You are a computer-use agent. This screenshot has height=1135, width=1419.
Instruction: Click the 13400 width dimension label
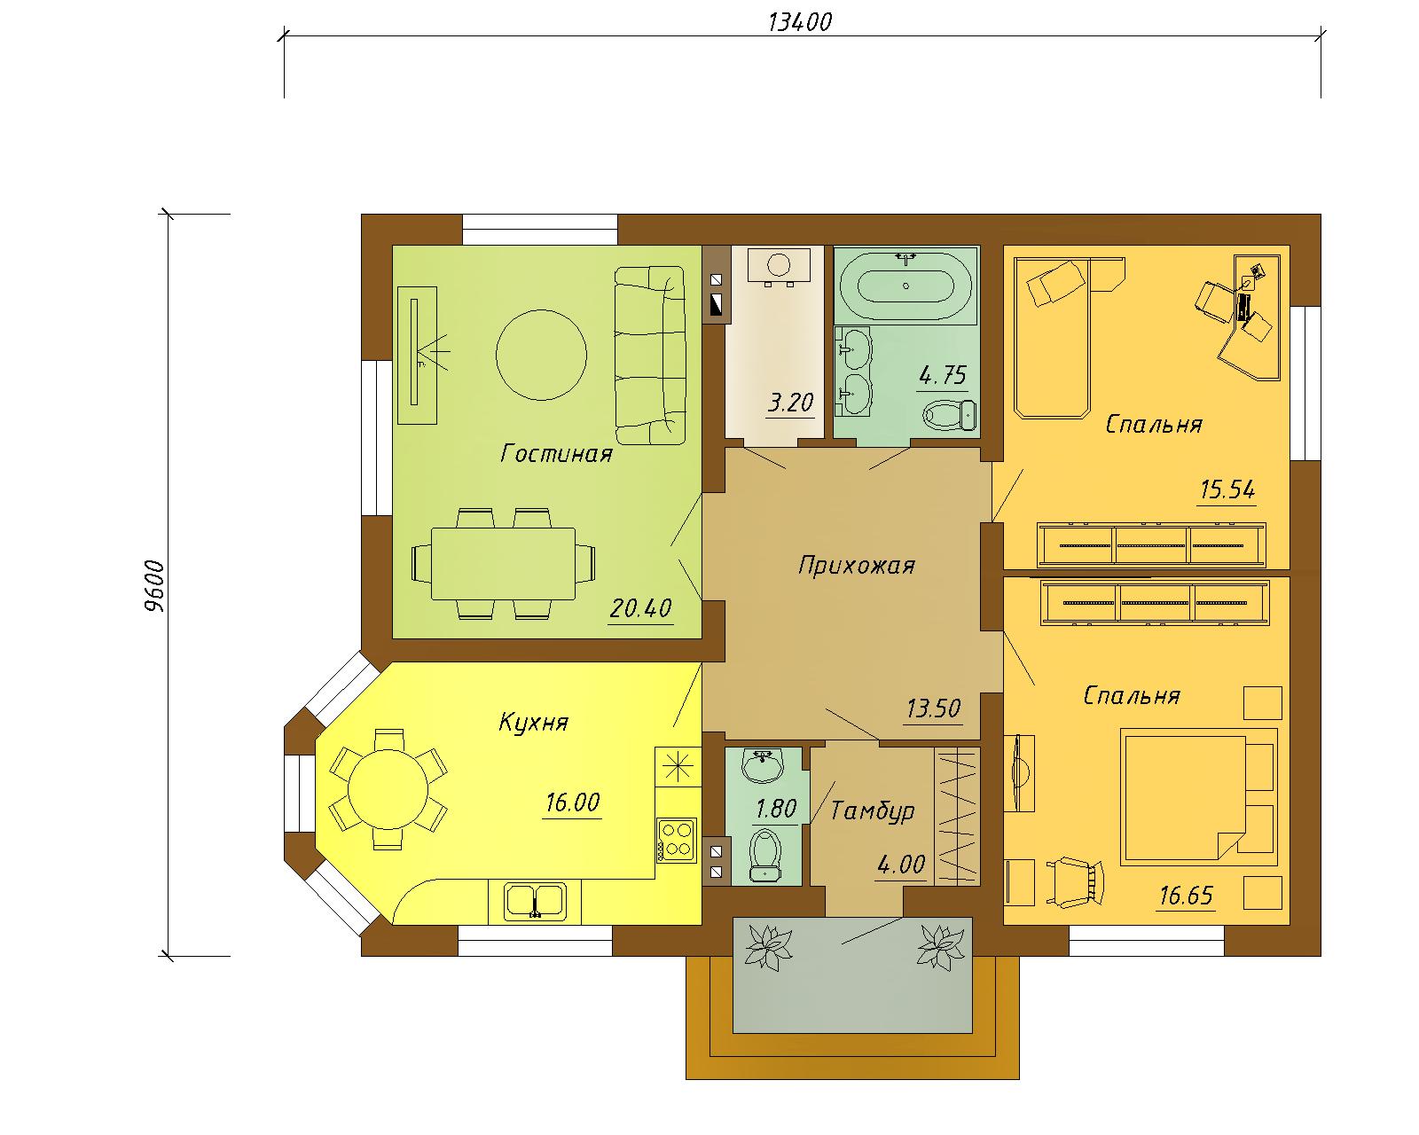click(800, 22)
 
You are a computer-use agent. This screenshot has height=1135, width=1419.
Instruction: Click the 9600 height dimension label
click(154, 586)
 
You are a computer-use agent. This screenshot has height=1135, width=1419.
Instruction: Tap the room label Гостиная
click(557, 453)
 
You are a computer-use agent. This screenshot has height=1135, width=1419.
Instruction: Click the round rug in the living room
click(541, 355)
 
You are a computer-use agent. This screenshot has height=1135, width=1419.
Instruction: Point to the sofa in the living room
click(650, 355)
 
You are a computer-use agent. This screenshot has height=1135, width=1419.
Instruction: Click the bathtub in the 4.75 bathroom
click(906, 285)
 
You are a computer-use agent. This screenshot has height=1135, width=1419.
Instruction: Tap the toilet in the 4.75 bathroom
click(950, 415)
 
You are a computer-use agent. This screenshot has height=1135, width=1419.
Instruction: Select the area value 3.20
click(790, 402)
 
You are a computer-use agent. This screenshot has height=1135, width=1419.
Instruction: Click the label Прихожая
click(857, 565)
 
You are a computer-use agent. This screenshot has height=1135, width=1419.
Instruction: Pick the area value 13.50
click(933, 708)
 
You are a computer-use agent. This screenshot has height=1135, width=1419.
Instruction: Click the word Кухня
click(533, 722)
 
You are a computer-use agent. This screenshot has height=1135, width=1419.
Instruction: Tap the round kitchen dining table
click(388, 789)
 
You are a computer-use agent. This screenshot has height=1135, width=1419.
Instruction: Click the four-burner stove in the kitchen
click(677, 840)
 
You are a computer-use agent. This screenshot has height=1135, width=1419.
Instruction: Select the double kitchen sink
click(535, 901)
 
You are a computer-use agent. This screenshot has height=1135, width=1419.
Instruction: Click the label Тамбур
click(873, 810)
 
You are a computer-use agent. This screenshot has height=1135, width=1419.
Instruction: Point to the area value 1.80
click(776, 808)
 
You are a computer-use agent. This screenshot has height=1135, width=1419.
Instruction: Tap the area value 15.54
click(1227, 489)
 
